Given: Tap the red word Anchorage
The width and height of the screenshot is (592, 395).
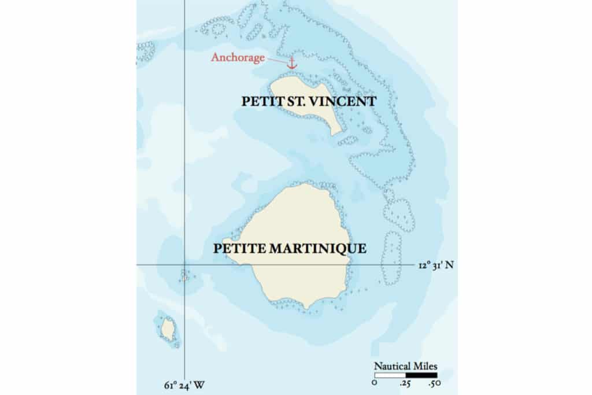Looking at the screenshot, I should click(x=238, y=57).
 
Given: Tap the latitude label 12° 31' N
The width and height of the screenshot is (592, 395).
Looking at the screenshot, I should click(x=436, y=265).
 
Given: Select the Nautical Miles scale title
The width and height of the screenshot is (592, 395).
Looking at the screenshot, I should click(x=405, y=366).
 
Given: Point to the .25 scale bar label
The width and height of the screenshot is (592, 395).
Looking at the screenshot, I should click(x=406, y=383).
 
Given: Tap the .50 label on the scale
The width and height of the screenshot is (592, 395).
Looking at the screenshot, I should click(x=435, y=383).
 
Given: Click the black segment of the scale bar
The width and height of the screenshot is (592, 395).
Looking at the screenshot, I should click(x=421, y=375).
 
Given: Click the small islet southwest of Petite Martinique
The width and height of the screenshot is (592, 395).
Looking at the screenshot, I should click(x=168, y=330).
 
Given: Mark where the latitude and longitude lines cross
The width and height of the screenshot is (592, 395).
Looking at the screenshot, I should click(x=184, y=265).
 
